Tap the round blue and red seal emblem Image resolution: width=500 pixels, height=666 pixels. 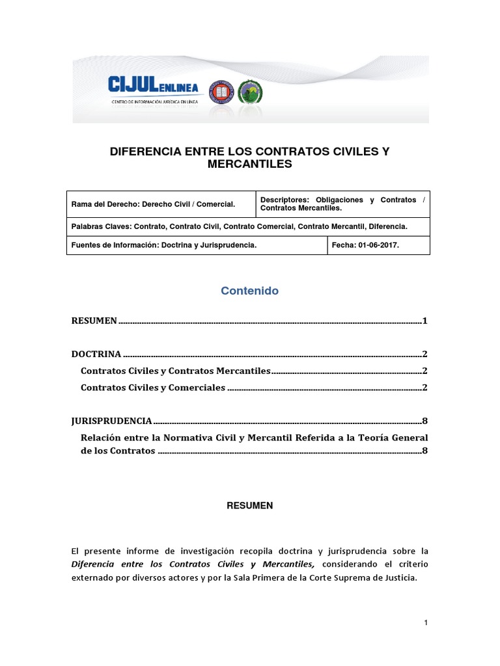(x=219, y=92)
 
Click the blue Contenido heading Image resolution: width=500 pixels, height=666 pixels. (x=249, y=291)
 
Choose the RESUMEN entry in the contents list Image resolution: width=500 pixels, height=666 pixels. (x=94, y=321)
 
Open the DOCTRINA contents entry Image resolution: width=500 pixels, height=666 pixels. (x=96, y=354)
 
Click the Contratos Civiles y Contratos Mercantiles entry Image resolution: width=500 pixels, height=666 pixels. (x=174, y=371)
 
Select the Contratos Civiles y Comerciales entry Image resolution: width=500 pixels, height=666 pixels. (x=152, y=388)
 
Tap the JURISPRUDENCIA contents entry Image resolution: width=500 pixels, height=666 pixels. (x=111, y=421)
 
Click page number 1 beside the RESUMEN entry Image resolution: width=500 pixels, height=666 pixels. (x=424, y=321)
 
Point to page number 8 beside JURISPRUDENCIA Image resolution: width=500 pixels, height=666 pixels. (x=424, y=421)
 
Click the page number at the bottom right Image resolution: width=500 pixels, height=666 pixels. (x=425, y=623)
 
